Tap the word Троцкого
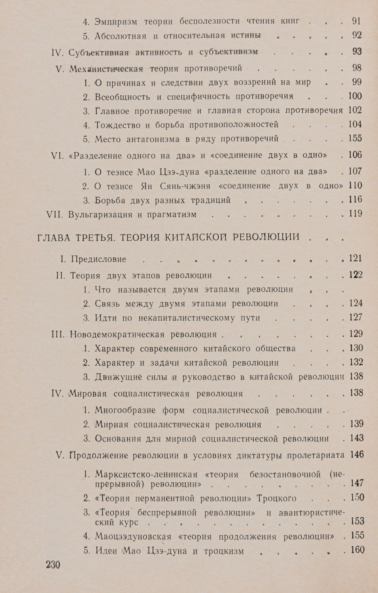point(277,498)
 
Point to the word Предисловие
point(98,259)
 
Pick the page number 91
point(356,21)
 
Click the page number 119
point(355,214)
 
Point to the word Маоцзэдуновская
point(133,536)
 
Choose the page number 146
point(356,455)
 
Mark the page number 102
point(355,110)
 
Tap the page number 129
point(356,334)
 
